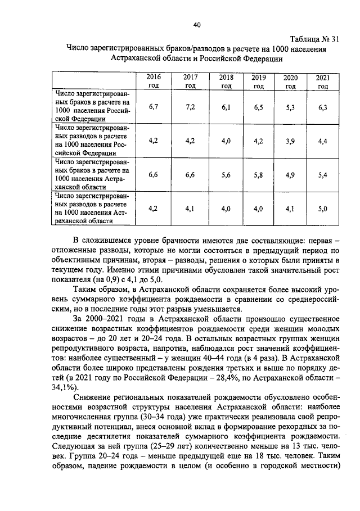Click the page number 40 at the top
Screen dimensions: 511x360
196,25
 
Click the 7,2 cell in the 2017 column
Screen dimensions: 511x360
190,107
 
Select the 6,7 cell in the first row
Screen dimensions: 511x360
153,107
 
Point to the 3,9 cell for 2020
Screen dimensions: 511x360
290,141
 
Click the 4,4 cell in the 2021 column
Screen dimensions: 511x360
322,141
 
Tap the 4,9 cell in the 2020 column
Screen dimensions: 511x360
290,175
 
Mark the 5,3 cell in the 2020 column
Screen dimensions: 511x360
290,107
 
